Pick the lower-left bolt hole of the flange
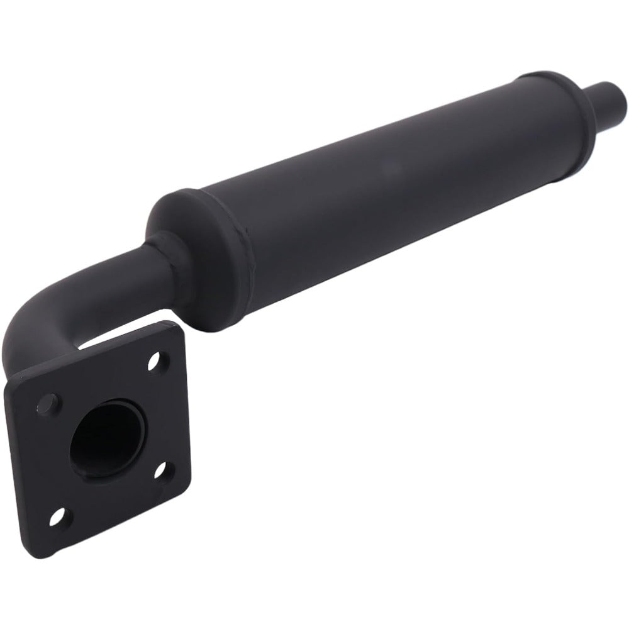tap(57, 517)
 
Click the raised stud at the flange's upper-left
tap(48, 403)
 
